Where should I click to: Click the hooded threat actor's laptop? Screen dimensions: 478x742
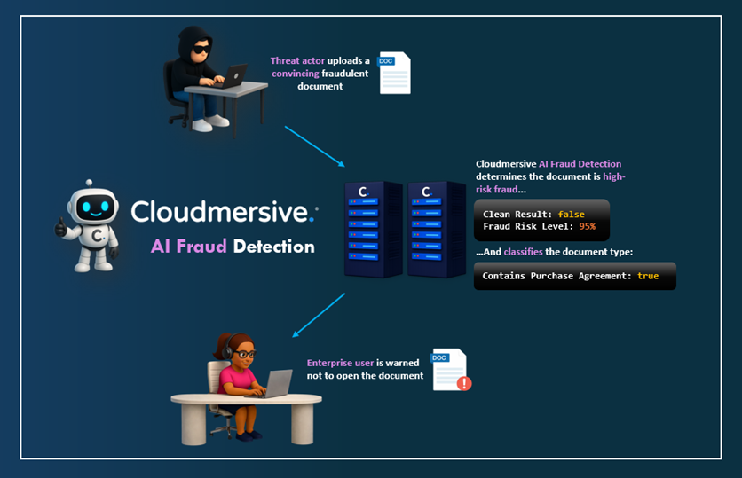tap(232, 76)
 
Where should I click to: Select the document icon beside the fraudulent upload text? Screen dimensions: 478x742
tap(393, 73)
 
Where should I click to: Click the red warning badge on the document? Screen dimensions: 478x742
tap(462, 383)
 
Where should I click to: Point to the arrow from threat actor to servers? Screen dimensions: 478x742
tap(315, 145)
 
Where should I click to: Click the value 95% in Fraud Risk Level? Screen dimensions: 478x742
tap(588, 227)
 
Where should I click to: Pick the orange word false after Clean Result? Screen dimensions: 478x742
tap(572, 215)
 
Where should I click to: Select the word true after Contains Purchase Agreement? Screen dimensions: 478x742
tap(648, 276)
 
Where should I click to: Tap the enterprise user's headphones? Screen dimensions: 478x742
tap(232, 347)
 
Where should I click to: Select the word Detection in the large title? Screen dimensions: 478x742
tap(273, 247)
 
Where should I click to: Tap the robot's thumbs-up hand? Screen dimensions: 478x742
tap(61, 227)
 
